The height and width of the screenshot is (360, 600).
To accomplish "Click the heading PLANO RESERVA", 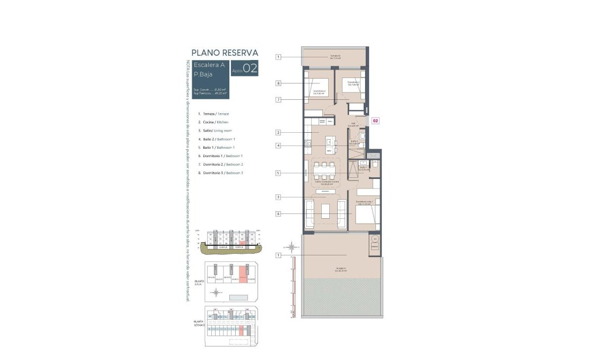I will [x=225, y=53].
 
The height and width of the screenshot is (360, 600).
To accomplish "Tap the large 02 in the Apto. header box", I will [x=250, y=68].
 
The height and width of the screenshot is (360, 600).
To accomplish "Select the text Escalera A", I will [x=209, y=65].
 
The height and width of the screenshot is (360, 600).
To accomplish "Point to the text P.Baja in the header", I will [x=203, y=74].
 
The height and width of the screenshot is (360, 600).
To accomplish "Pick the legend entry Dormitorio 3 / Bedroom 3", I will [x=220, y=173].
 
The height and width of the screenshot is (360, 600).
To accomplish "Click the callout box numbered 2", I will [x=278, y=132].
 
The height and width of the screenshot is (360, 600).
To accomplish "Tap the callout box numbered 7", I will [x=278, y=99].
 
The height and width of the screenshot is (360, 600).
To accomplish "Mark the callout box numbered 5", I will [x=278, y=173].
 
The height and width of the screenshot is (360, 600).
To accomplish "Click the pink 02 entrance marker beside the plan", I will [x=375, y=121].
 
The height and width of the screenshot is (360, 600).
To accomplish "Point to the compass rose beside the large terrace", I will [x=291, y=246].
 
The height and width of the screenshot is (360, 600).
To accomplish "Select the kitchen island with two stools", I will [x=331, y=143].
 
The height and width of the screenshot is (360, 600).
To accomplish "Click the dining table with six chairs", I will [x=324, y=170].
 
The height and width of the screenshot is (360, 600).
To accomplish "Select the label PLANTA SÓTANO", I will [x=200, y=322].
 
